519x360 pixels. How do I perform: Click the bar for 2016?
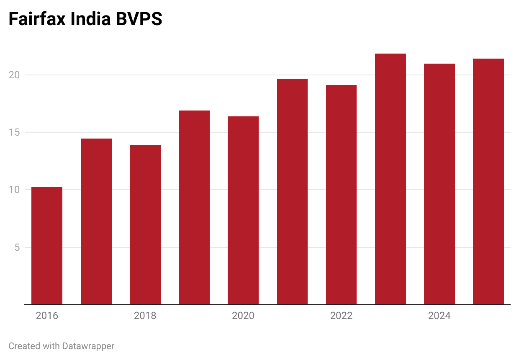(47, 246)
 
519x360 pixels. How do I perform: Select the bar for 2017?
(96, 221)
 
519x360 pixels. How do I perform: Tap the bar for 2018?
(145, 225)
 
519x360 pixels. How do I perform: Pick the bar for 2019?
(194, 208)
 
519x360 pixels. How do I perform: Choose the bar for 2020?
(243, 211)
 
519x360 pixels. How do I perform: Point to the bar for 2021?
(292, 192)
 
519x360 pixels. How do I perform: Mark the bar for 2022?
(341, 195)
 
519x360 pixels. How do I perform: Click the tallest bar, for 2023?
(391, 179)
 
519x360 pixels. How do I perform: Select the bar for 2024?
(439, 184)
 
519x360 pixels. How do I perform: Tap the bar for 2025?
(488, 182)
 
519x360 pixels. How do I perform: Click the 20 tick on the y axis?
(15, 75)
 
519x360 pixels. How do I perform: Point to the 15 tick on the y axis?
(15, 133)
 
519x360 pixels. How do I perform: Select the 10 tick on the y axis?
(15, 190)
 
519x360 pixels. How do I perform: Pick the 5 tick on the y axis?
(18, 247)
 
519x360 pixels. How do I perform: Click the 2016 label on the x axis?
(47, 316)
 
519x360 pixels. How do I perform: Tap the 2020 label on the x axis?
(243, 316)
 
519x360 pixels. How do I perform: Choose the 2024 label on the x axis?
(439, 316)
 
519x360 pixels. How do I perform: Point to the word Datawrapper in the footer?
(88, 346)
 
